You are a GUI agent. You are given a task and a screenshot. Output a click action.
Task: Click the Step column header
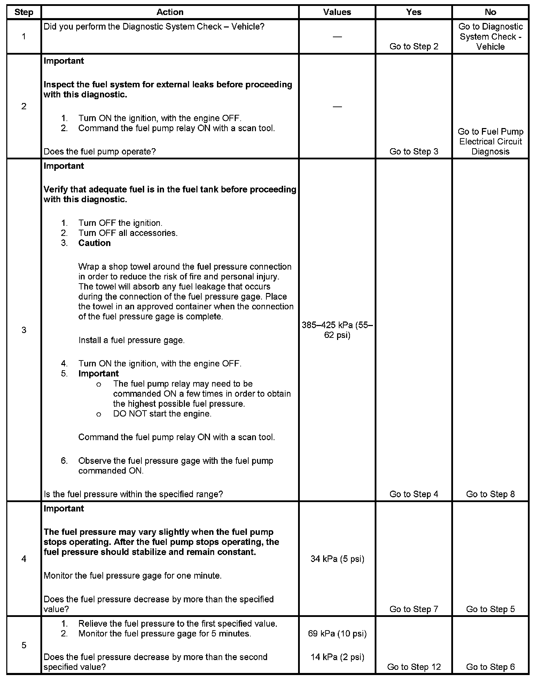[x=24, y=12]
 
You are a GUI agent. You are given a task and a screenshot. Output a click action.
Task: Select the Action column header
[x=170, y=12]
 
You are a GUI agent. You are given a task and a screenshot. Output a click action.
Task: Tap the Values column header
[x=337, y=12]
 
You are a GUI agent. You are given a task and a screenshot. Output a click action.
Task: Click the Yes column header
[x=414, y=12]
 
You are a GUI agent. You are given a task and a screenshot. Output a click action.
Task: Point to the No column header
[x=490, y=12]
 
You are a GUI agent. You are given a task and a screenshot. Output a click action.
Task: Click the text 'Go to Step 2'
[x=414, y=47]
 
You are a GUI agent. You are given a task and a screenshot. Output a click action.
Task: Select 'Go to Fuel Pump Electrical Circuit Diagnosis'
[x=490, y=141]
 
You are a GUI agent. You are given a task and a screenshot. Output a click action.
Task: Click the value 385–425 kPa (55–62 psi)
[x=337, y=330]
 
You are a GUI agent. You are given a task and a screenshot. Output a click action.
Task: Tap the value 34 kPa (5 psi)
[x=337, y=559]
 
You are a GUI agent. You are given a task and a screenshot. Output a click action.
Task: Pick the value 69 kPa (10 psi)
[x=337, y=634]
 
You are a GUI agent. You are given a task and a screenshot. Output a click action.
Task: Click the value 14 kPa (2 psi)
[x=337, y=657]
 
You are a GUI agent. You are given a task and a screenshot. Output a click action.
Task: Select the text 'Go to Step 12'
[x=414, y=667]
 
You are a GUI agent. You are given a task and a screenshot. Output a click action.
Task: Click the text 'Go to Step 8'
[x=490, y=494]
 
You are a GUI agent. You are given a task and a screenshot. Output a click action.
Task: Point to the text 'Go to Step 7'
[x=414, y=609]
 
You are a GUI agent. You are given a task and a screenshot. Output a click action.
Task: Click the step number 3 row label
[x=24, y=330]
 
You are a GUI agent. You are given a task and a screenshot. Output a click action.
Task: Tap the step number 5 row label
[x=24, y=645]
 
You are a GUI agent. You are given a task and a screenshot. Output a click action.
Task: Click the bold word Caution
[x=94, y=243]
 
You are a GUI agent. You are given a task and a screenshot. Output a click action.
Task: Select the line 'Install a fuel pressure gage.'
[x=131, y=340]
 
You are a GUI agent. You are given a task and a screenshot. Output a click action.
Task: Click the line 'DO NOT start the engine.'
[x=162, y=414]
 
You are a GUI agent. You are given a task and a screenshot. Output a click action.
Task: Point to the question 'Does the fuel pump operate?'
[x=100, y=151]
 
